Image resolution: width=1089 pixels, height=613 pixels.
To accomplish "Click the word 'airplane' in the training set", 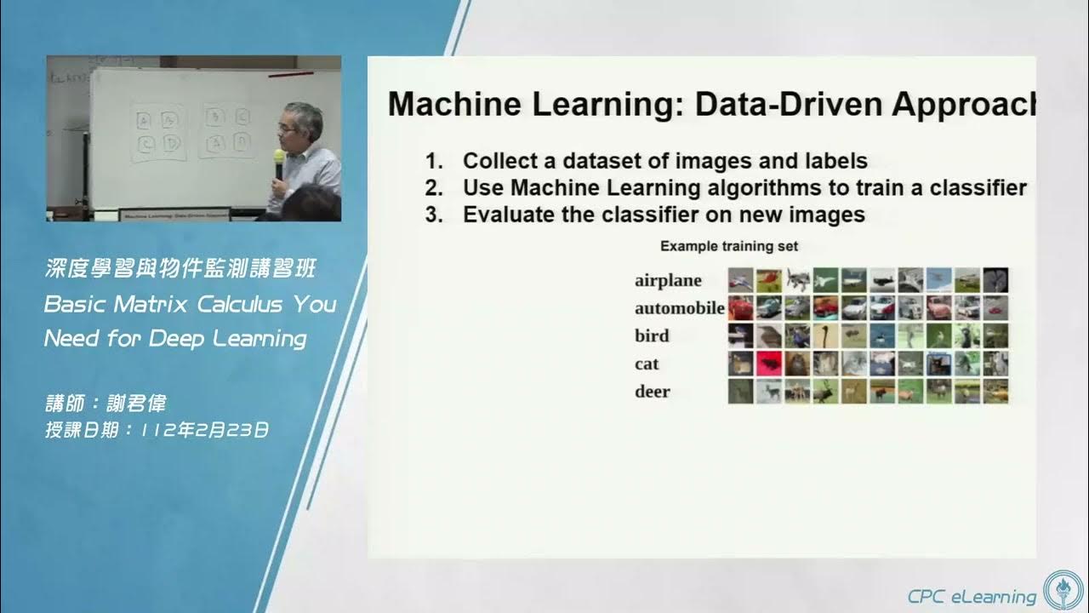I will [668, 280].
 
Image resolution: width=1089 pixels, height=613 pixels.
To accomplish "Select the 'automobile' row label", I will [679, 308].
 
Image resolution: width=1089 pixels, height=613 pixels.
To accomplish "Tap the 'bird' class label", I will [652, 335].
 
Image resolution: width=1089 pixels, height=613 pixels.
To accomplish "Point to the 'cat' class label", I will [647, 364].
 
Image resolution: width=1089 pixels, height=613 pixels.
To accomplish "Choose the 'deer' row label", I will [652, 392].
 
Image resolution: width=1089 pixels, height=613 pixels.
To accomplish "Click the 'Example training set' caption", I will [729, 246].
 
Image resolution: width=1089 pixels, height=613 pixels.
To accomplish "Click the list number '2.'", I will [435, 187].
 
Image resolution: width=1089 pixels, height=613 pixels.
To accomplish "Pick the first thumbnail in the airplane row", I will [740, 280].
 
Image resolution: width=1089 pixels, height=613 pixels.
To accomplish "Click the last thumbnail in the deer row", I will [995, 392].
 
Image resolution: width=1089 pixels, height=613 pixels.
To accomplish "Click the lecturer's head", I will [303, 123].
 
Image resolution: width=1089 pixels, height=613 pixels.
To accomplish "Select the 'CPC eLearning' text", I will [971, 595].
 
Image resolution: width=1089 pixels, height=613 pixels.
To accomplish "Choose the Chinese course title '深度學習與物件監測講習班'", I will [180, 270].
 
